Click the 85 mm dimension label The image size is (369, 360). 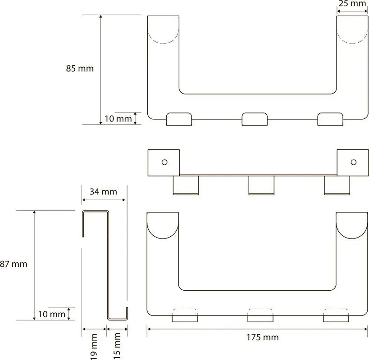[x=80, y=68]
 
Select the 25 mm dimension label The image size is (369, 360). [x=352, y=4]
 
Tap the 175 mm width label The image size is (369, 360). [x=262, y=337]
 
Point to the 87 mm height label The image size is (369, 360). [x=14, y=264]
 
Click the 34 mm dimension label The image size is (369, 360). [x=103, y=192]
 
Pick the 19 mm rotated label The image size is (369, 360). [x=94, y=346]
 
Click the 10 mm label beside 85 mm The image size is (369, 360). [x=118, y=119]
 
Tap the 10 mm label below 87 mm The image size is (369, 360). [x=52, y=314]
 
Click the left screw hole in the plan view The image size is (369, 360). [x=164, y=162]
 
